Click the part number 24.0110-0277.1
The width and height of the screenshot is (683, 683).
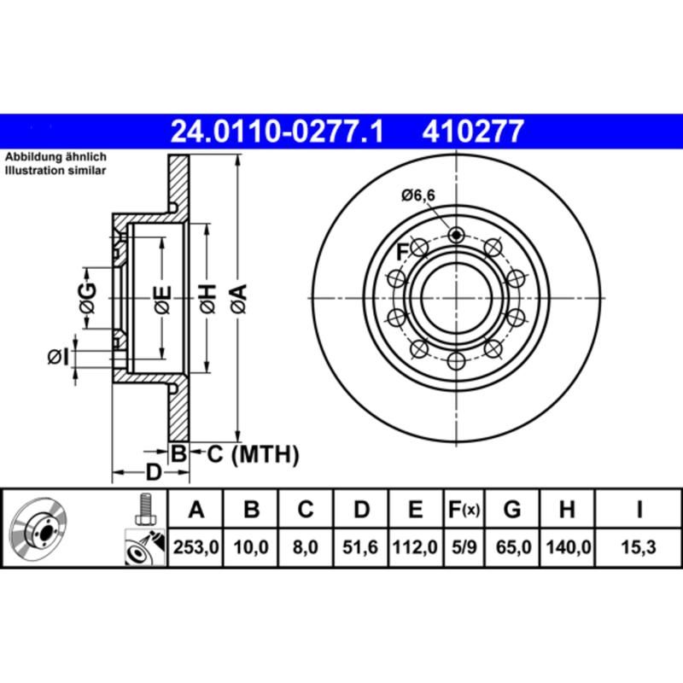[277, 131]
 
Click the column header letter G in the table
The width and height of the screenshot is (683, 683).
[512, 511]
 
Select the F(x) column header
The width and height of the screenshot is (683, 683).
[464, 511]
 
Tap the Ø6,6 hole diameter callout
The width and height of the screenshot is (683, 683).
[418, 196]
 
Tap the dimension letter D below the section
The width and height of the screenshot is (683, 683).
[153, 471]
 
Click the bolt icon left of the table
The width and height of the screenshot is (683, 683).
[144, 511]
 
